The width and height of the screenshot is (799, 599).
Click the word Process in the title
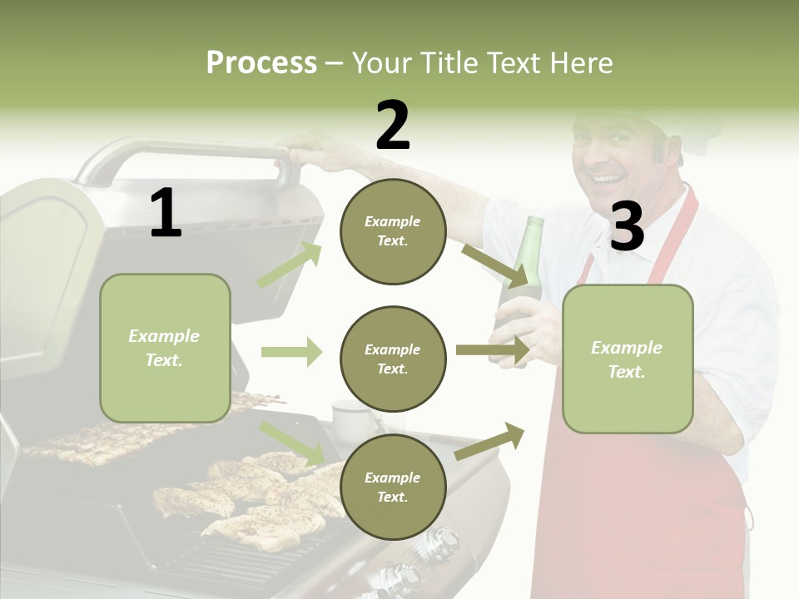[261, 62]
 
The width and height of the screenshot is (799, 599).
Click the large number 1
[166, 213]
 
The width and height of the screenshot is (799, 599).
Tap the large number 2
[393, 125]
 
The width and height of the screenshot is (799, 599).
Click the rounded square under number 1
[165, 348]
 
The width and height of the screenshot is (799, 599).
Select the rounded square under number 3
[628, 359]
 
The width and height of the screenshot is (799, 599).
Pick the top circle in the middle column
[393, 231]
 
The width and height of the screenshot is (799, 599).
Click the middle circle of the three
[393, 359]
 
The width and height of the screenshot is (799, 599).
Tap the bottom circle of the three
[393, 487]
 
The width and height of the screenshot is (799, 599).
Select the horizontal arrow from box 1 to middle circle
[291, 353]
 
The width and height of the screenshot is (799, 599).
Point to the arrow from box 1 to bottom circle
[292, 442]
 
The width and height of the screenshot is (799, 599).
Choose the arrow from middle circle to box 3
[493, 349]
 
